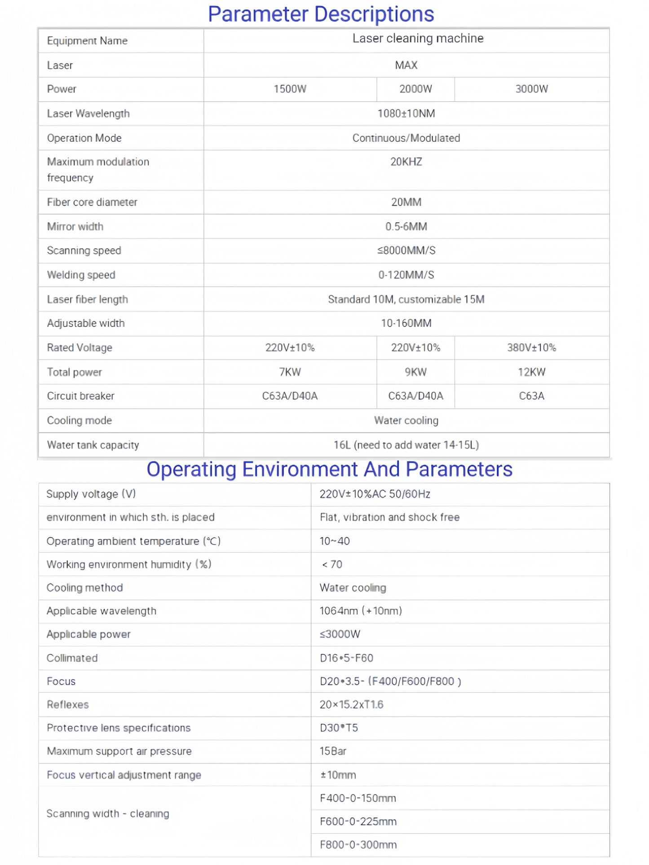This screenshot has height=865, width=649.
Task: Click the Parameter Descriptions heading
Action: (321, 14)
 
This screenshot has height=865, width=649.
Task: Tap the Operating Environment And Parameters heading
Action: (329, 470)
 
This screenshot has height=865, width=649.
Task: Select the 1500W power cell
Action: (290, 89)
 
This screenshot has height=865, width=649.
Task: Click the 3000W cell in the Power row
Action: (531, 89)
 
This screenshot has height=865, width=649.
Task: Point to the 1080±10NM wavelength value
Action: (406, 114)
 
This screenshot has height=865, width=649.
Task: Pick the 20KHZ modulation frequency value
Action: (406, 162)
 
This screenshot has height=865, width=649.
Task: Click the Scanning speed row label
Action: (84, 250)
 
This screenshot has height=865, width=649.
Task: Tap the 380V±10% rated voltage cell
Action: (531, 347)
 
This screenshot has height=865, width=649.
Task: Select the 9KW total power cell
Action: (415, 372)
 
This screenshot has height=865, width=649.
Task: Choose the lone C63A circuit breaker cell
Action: (531, 396)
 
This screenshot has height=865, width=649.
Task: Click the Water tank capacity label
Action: (93, 445)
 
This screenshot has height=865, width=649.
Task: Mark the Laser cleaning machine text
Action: (418, 39)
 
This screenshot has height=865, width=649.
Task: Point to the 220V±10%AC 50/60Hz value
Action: (375, 494)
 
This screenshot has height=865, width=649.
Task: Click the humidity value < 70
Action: (332, 564)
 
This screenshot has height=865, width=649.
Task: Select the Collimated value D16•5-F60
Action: (346, 658)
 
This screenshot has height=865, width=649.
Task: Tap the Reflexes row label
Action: (68, 705)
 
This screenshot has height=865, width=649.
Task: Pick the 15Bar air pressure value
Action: (333, 751)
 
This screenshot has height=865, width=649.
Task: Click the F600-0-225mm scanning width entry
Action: (358, 821)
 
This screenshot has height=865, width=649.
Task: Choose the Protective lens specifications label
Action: (119, 728)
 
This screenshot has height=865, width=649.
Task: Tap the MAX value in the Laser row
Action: (406, 65)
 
